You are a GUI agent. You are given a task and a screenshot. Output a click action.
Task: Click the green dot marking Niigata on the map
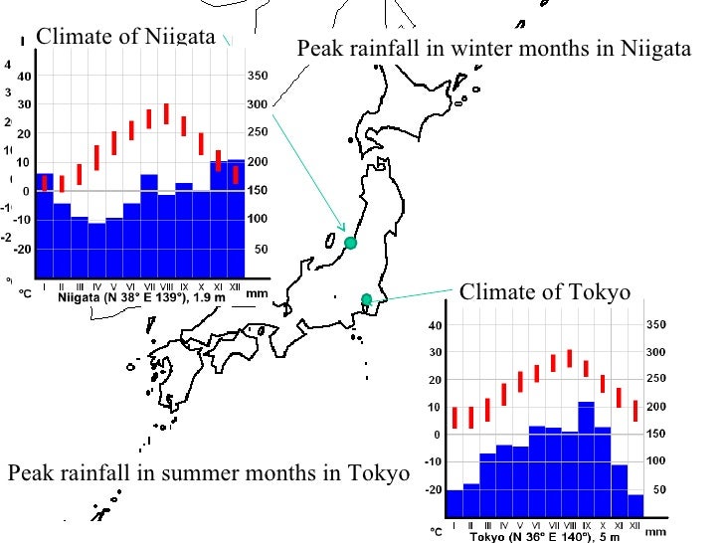(x=350, y=243)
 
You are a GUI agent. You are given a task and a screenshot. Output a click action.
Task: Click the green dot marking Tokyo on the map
(x=366, y=299)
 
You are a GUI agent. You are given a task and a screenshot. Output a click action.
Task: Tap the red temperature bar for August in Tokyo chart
(x=569, y=359)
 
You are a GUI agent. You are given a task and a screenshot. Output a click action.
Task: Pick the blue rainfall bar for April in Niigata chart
(x=96, y=251)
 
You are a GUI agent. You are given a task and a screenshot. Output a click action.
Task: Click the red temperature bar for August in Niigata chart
(x=166, y=113)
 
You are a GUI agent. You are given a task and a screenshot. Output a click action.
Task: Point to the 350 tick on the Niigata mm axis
(x=258, y=76)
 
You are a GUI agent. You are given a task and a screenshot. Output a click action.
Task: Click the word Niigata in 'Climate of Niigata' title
(x=175, y=37)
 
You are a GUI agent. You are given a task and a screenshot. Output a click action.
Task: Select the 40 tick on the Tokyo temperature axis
(x=433, y=325)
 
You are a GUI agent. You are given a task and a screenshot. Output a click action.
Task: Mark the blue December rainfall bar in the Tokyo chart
(x=634, y=506)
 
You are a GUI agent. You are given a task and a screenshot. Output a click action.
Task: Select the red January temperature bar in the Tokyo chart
(x=454, y=418)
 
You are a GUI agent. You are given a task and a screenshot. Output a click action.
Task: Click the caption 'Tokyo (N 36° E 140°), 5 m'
(x=547, y=537)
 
